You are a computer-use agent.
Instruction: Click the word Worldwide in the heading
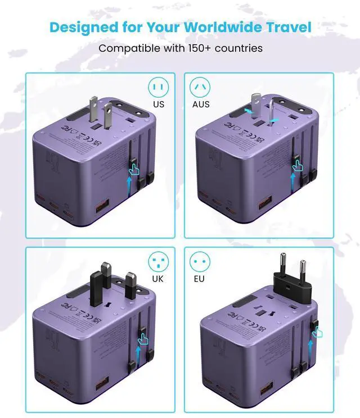[x=223, y=26]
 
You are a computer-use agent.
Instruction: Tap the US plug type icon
[x=158, y=87]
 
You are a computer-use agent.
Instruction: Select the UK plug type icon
[x=158, y=261]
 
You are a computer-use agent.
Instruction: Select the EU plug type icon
[x=199, y=261]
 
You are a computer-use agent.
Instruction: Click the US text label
[x=159, y=104]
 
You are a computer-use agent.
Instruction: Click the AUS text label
[x=200, y=104]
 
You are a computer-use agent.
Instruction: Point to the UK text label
[x=159, y=278]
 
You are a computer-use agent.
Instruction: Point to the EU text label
[x=199, y=278]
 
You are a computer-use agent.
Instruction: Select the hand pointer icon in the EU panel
[x=318, y=333]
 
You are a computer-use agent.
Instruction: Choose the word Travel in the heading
[x=292, y=26]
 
